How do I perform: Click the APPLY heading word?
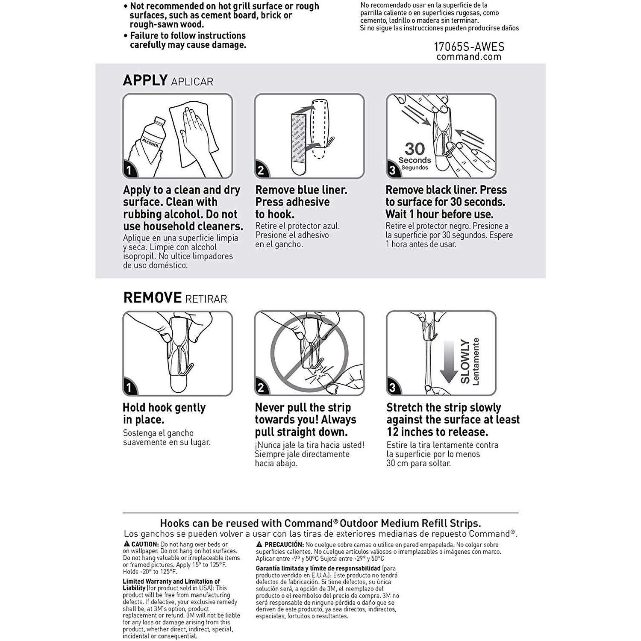click(x=145, y=80)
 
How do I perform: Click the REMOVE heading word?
click(x=153, y=298)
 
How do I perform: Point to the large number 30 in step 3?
click(x=415, y=149)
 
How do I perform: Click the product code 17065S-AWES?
click(x=469, y=47)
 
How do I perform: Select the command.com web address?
click(x=469, y=57)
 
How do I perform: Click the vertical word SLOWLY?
click(x=465, y=362)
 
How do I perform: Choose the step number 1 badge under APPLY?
click(x=129, y=171)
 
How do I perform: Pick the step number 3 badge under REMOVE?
click(x=393, y=388)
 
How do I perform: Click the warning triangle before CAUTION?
click(x=126, y=544)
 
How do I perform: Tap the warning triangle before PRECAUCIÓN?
click(x=259, y=544)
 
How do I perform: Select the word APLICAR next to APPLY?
click(x=192, y=82)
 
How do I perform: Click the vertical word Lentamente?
click(x=476, y=362)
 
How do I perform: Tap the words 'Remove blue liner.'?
click(x=301, y=190)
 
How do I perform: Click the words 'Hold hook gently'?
click(x=164, y=408)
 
